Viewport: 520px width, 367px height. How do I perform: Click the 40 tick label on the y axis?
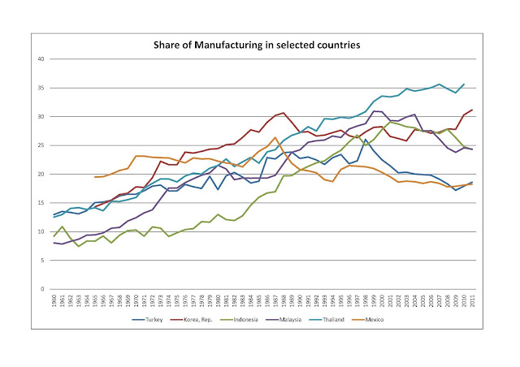coord(41,59)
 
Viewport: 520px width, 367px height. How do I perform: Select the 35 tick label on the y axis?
coord(41,88)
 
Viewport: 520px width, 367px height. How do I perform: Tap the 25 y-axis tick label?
coord(41,145)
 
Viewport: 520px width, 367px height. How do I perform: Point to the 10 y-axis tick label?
coord(41,231)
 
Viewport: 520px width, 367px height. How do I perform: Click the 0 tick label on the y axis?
coord(43,289)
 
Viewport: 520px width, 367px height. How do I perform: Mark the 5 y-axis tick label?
coord(43,261)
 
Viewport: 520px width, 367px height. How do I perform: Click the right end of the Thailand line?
coord(464,84)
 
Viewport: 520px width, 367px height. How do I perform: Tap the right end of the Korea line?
coord(473,110)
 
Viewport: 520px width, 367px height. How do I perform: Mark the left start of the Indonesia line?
coord(54,236)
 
